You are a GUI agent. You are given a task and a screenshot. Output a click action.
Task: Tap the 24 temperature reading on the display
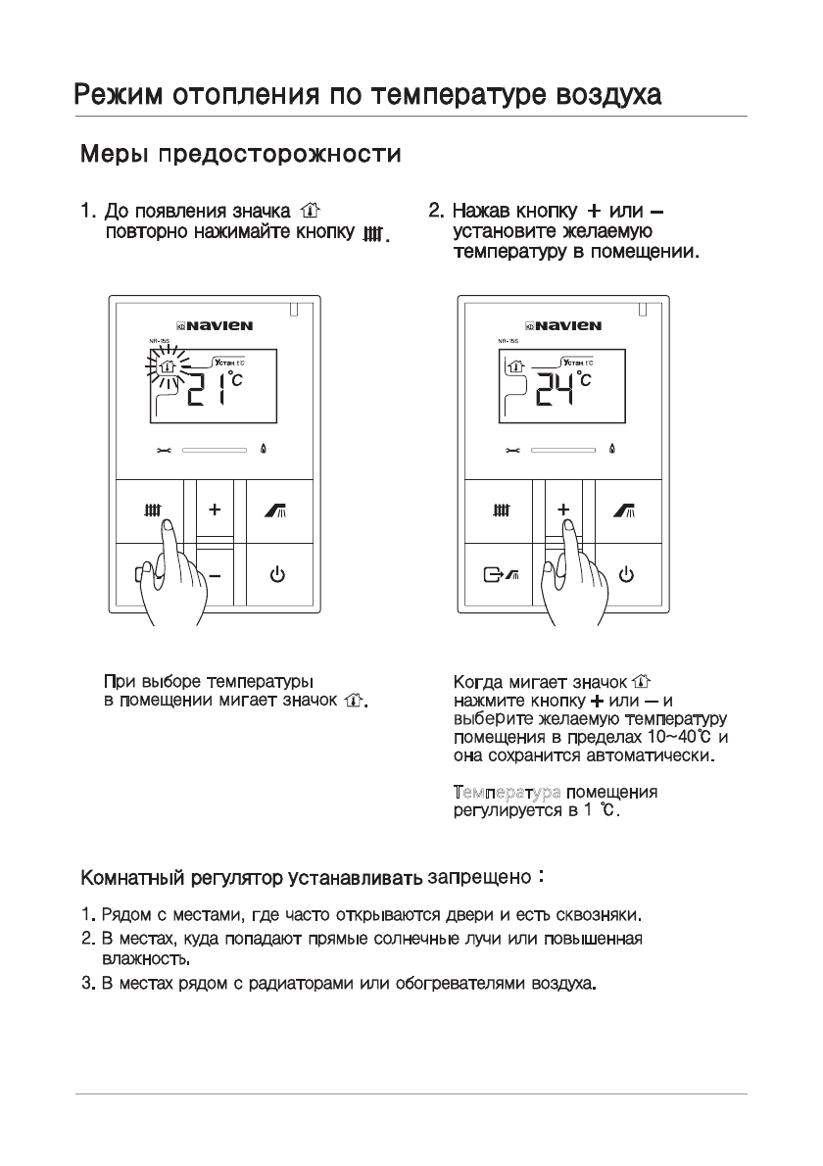(x=557, y=391)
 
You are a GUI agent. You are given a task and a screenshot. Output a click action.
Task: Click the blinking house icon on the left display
(x=168, y=369)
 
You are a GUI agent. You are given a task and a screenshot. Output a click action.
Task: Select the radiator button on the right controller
(x=502, y=510)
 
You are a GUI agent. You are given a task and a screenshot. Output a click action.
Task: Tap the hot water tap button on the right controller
(x=624, y=510)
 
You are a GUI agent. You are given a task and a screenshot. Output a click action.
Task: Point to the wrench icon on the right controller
(x=512, y=451)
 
